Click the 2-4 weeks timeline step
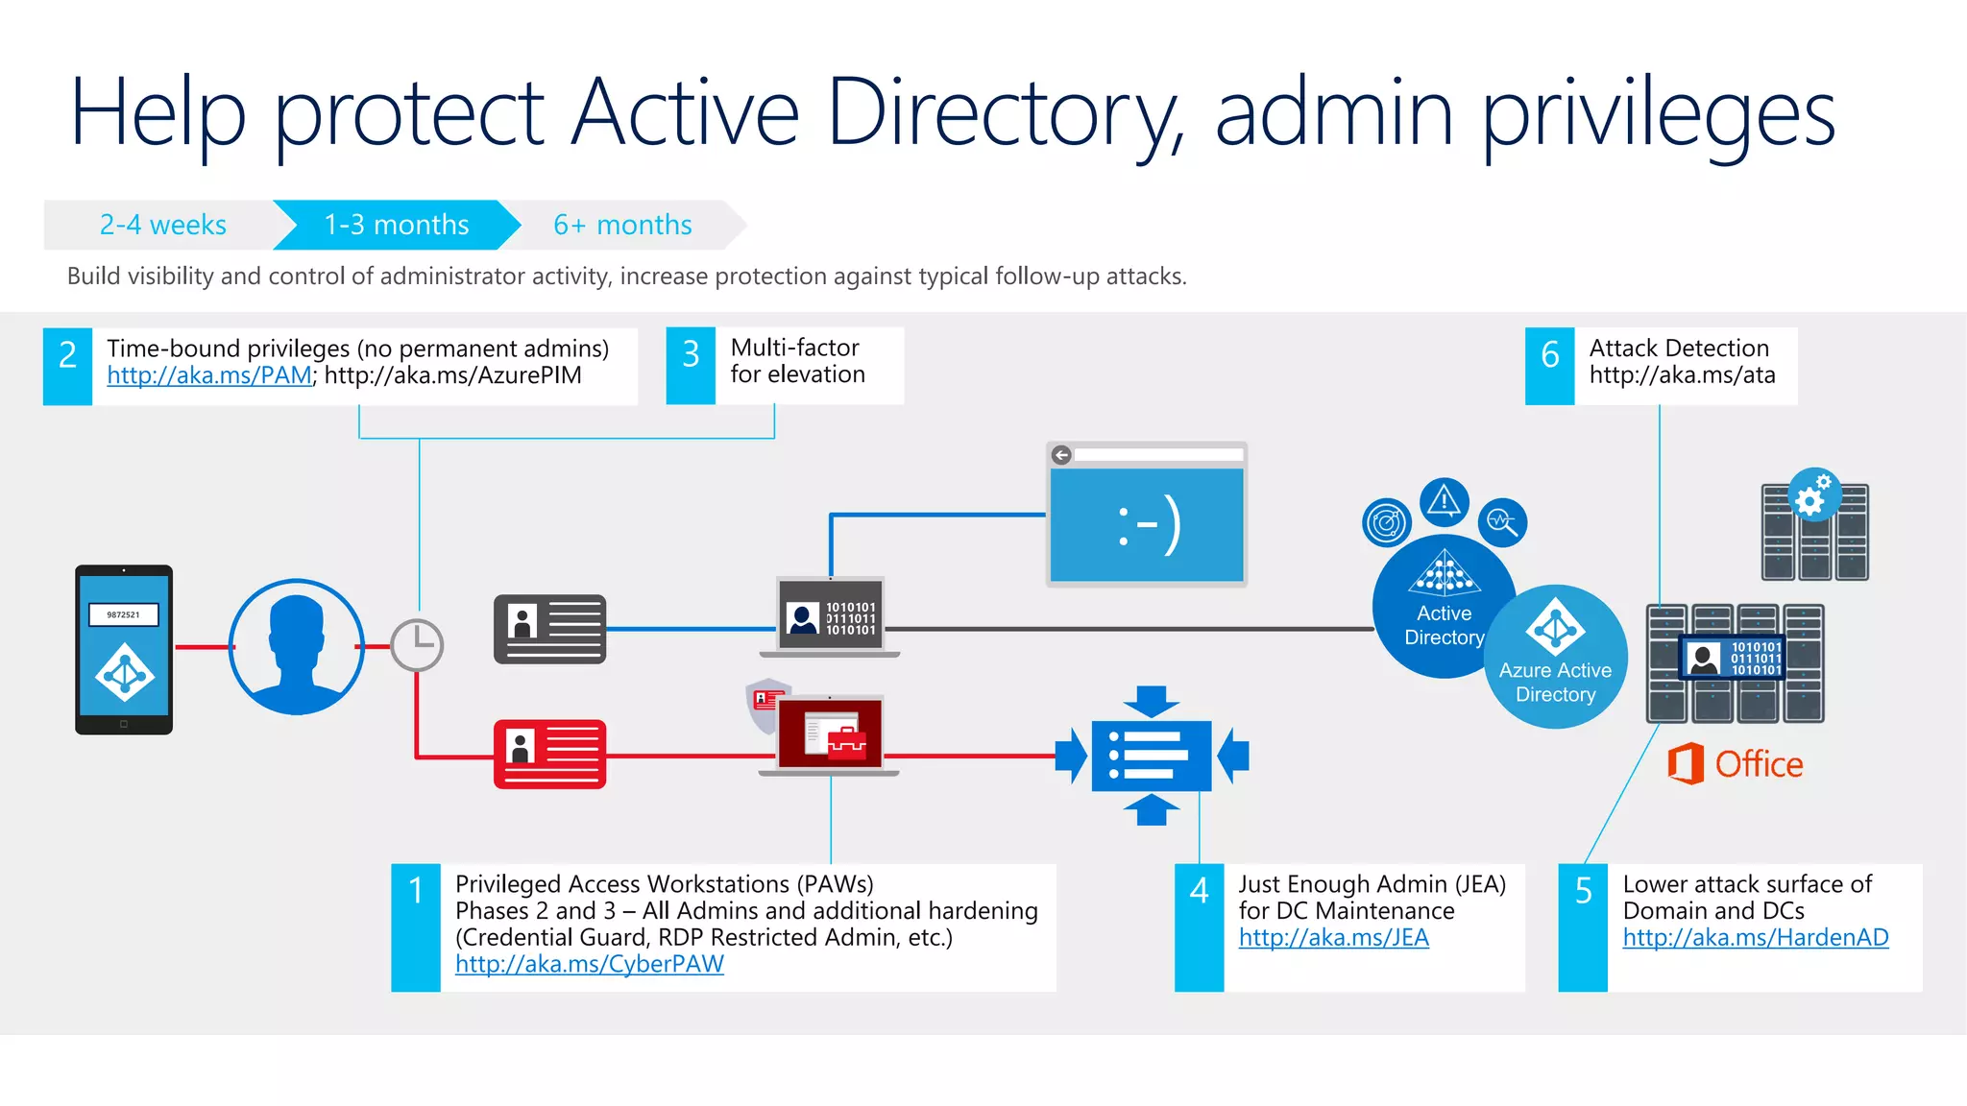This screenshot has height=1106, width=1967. point(162,225)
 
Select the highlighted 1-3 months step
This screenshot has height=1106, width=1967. point(396,225)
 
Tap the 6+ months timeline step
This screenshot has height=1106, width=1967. point(622,225)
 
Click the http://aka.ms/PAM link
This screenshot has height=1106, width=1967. point(208,375)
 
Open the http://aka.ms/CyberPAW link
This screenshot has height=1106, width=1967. point(589,964)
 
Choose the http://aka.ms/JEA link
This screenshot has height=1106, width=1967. point(1333,937)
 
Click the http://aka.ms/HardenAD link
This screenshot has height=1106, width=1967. point(1755,937)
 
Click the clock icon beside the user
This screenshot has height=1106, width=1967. point(417,644)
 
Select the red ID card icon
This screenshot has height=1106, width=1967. point(549,754)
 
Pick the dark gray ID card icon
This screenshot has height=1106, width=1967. point(549,629)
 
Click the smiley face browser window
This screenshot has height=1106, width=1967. point(1146,515)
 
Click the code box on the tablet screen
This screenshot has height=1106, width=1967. point(123,614)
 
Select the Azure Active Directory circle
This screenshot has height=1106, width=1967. point(1556,658)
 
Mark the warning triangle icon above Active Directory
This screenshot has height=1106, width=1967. point(1444,501)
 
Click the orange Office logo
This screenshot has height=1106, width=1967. point(1735,764)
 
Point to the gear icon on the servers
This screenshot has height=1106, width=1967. point(1813,495)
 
